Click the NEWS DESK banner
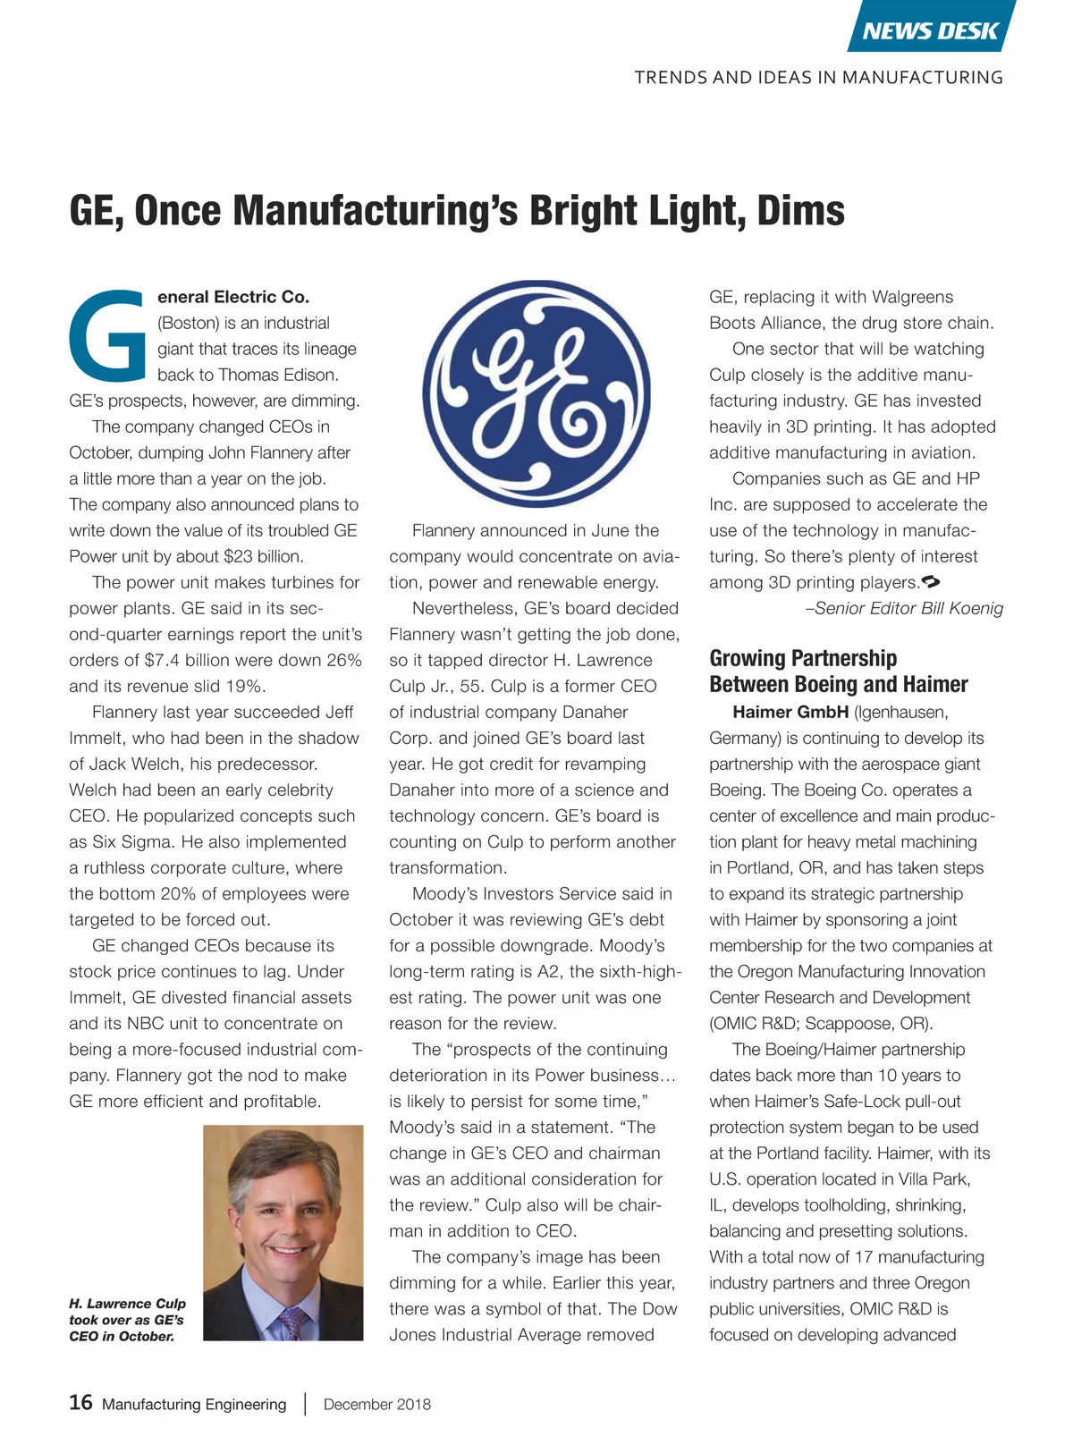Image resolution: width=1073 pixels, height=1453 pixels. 930,30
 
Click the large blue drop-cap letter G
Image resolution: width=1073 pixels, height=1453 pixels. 106,334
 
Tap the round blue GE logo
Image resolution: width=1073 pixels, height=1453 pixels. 536,394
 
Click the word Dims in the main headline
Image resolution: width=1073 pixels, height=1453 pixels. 800,211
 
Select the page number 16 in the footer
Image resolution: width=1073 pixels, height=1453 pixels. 80,1402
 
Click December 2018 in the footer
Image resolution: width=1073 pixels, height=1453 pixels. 376,1404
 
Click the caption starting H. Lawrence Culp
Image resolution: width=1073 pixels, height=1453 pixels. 127,1320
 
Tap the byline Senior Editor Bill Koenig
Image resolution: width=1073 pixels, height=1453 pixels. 904,608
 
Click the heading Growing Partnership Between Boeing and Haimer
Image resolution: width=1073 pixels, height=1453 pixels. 838,672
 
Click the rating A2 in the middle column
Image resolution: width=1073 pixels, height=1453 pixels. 547,971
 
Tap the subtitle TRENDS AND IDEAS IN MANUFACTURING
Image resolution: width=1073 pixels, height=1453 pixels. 818,78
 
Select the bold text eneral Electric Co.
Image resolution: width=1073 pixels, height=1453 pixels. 232,297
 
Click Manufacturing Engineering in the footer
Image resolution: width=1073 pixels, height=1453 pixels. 194,1404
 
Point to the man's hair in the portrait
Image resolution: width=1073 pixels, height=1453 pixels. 282,1153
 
